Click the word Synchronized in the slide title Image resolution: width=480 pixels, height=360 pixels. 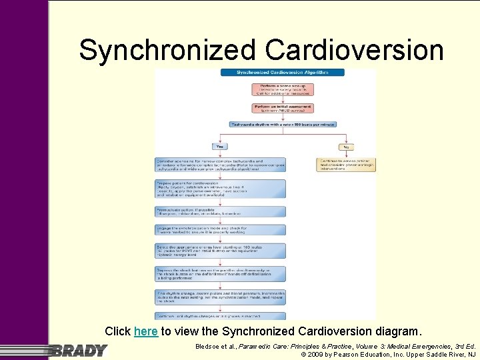click(x=167, y=50)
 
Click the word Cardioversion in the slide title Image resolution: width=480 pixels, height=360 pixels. click(x=354, y=50)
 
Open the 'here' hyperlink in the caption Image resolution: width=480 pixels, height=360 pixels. click(x=146, y=331)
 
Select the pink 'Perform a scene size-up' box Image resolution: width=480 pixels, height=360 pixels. click(x=283, y=89)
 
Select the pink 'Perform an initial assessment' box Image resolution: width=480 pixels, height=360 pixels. click(x=283, y=107)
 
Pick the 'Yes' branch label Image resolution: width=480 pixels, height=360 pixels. click(x=219, y=147)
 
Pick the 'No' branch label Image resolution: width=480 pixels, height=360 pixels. click(x=345, y=147)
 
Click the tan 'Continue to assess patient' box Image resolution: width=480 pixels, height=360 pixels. click(x=345, y=165)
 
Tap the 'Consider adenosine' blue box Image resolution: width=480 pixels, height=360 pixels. click(x=219, y=165)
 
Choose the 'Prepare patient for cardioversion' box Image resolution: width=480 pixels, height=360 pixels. click(x=219, y=189)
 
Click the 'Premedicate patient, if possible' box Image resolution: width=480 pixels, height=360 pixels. click(x=219, y=211)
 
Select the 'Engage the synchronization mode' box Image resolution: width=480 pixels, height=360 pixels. click(x=219, y=229)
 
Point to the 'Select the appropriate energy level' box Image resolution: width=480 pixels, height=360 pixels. click(x=219, y=250)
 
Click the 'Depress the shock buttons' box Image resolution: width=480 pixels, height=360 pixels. click(x=219, y=273)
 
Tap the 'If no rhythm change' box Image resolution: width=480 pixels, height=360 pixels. click(x=219, y=297)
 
